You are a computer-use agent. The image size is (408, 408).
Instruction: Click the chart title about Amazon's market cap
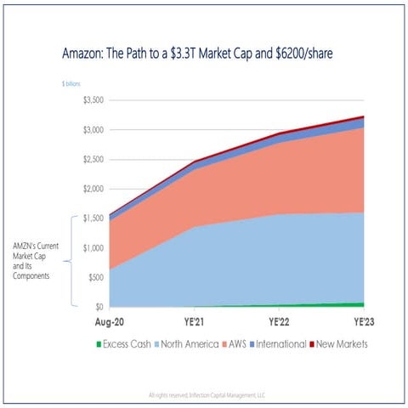(x=204, y=53)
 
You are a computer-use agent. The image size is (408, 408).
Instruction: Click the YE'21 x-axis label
(x=195, y=323)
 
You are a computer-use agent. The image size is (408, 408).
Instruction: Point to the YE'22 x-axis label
(x=281, y=323)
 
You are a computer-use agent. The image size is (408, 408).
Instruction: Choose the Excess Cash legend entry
(x=126, y=344)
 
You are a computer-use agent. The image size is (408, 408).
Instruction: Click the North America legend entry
(x=189, y=344)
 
